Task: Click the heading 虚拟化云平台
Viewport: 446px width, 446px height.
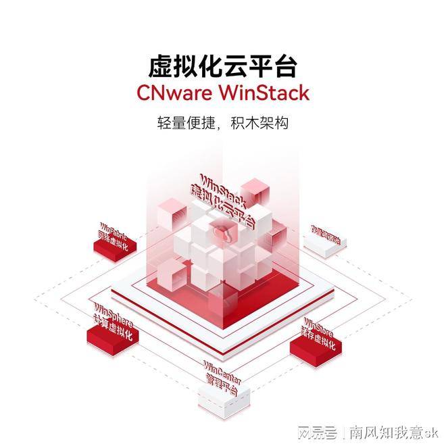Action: tap(223, 66)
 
